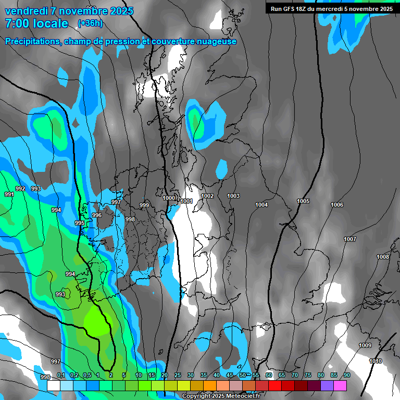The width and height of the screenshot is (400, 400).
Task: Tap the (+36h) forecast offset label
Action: click(90, 23)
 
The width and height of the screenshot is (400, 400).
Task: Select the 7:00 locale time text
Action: click(36, 23)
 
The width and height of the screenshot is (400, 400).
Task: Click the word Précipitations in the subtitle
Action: click(31, 42)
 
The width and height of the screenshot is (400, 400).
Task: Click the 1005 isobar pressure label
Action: click(303, 201)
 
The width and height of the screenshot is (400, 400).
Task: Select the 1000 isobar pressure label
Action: click(169, 198)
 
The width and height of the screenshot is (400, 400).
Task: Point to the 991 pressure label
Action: click(9, 194)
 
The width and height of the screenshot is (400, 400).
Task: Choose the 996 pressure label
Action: click(97, 215)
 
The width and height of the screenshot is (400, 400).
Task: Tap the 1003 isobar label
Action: click(233, 196)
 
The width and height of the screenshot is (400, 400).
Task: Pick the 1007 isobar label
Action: click(350, 239)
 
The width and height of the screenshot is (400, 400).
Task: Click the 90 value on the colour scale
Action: click(347, 375)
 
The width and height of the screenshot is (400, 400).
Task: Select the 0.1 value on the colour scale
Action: click(61, 375)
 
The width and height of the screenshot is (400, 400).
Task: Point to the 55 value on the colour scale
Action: click(256, 375)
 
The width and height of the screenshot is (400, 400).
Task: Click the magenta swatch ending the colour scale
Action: click(340, 386)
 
